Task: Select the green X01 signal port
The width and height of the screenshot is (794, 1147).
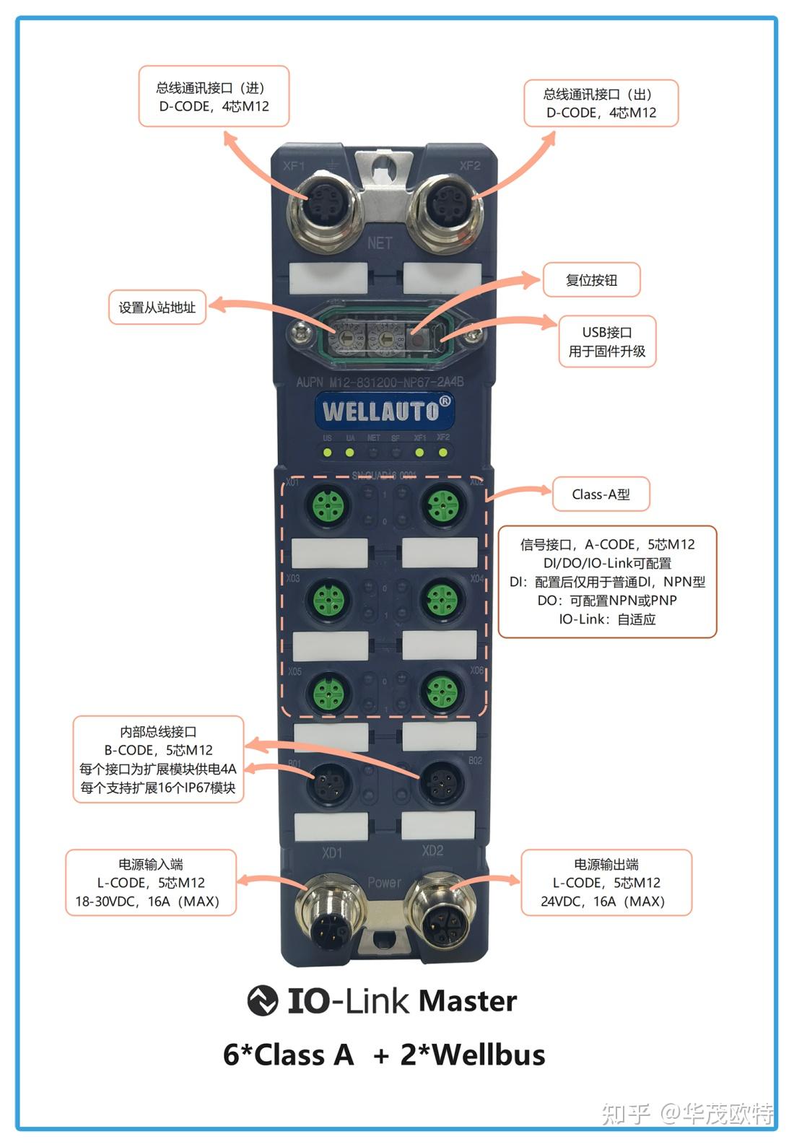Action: (x=328, y=504)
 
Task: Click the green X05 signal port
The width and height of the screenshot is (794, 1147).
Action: (x=328, y=692)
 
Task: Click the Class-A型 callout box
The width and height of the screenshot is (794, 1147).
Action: (x=601, y=494)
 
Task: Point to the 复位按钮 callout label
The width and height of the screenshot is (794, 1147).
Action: (x=592, y=280)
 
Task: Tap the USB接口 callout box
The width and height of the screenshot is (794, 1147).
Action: (x=607, y=341)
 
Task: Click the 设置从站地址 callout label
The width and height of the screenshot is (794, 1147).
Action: (x=157, y=308)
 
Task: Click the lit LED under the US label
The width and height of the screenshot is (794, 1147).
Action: (x=327, y=453)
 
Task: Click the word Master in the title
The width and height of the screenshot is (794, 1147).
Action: (x=468, y=1001)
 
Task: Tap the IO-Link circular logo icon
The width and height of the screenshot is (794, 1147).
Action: (x=262, y=1001)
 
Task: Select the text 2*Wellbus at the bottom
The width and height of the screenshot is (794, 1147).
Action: (x=473, y=1055)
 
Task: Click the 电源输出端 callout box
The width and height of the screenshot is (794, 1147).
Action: (x=606, y=882)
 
